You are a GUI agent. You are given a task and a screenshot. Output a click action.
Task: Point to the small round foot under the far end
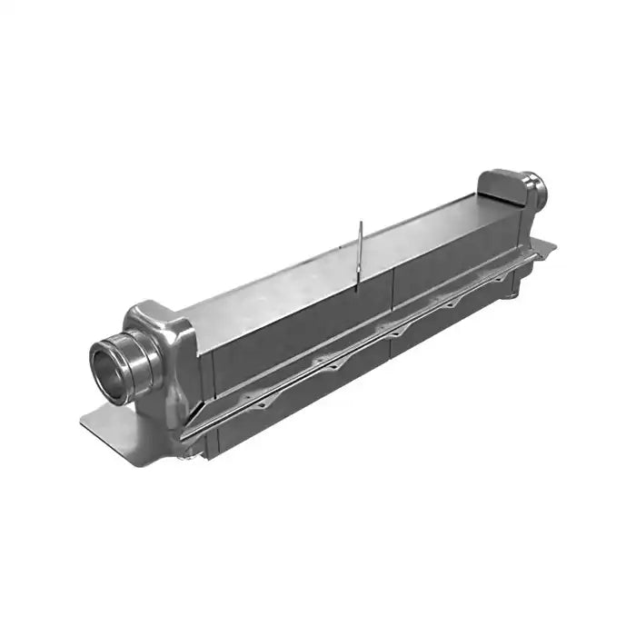[x=514, y=293]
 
